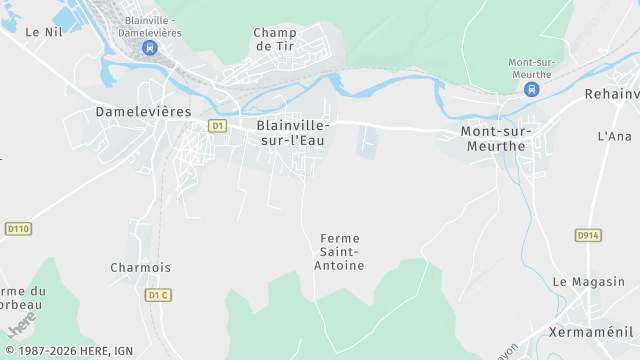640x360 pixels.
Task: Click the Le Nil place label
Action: (45, 32)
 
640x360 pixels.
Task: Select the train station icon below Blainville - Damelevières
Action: (149, 47)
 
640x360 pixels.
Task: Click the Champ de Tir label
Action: (276, 39)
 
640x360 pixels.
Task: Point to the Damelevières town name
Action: (143, 112)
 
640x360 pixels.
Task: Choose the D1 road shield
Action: (217, 126)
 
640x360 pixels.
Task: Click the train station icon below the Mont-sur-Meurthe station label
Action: (531, 89)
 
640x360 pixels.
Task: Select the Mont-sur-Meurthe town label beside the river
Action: (496, 139)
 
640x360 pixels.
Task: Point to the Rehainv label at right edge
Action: (612, 94)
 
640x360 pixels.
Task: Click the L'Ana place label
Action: (615, 136)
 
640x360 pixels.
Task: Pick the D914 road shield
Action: (588, 235)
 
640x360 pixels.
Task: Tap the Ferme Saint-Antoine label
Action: (340, 252)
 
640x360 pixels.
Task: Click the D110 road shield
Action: (18, 229)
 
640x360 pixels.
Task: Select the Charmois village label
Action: (140, 268)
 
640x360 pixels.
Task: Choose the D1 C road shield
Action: (158, 295)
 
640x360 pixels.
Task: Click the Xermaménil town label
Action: (593, 330)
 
